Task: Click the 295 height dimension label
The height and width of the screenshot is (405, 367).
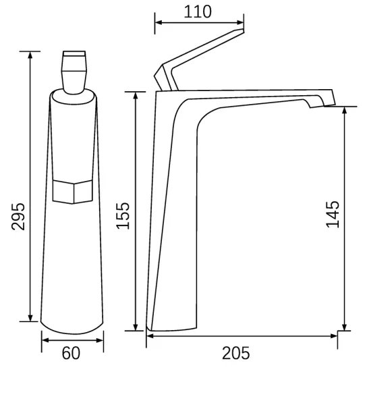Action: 18,217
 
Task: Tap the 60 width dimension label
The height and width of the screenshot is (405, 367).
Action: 71,353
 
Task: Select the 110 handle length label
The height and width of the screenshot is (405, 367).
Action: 198,11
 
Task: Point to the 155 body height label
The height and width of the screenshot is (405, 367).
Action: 123,216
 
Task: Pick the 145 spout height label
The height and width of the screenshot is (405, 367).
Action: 333,215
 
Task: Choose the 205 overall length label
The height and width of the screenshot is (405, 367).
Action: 236,353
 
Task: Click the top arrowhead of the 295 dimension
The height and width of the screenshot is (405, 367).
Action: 30,55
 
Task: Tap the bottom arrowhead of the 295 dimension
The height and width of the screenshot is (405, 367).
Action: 30,318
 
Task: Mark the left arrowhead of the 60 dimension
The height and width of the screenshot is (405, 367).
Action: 45,340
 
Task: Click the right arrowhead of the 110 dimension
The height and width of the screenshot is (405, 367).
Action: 240,22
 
